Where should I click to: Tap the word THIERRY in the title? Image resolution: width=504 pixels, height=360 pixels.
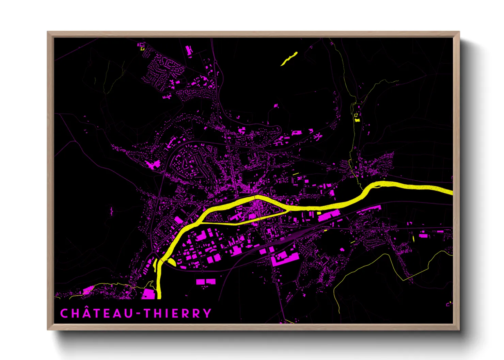point(177,313)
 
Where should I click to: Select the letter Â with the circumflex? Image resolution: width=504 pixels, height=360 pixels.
point(86,313)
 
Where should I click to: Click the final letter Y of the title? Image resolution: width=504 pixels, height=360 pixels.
point(207,313)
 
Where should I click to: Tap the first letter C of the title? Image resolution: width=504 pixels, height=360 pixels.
point(64,313)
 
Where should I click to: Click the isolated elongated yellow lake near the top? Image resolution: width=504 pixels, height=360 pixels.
point(289,58)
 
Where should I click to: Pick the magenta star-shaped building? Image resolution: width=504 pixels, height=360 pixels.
point(318,137)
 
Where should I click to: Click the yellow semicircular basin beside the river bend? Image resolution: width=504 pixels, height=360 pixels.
point(170,262)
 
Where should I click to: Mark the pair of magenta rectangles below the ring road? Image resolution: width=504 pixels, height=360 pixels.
point(206,282)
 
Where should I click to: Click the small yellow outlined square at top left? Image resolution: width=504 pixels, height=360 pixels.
point(142,49)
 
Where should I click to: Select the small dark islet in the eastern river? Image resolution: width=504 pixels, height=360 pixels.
point(377,186)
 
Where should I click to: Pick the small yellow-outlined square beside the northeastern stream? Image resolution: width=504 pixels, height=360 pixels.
point(356,115)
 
